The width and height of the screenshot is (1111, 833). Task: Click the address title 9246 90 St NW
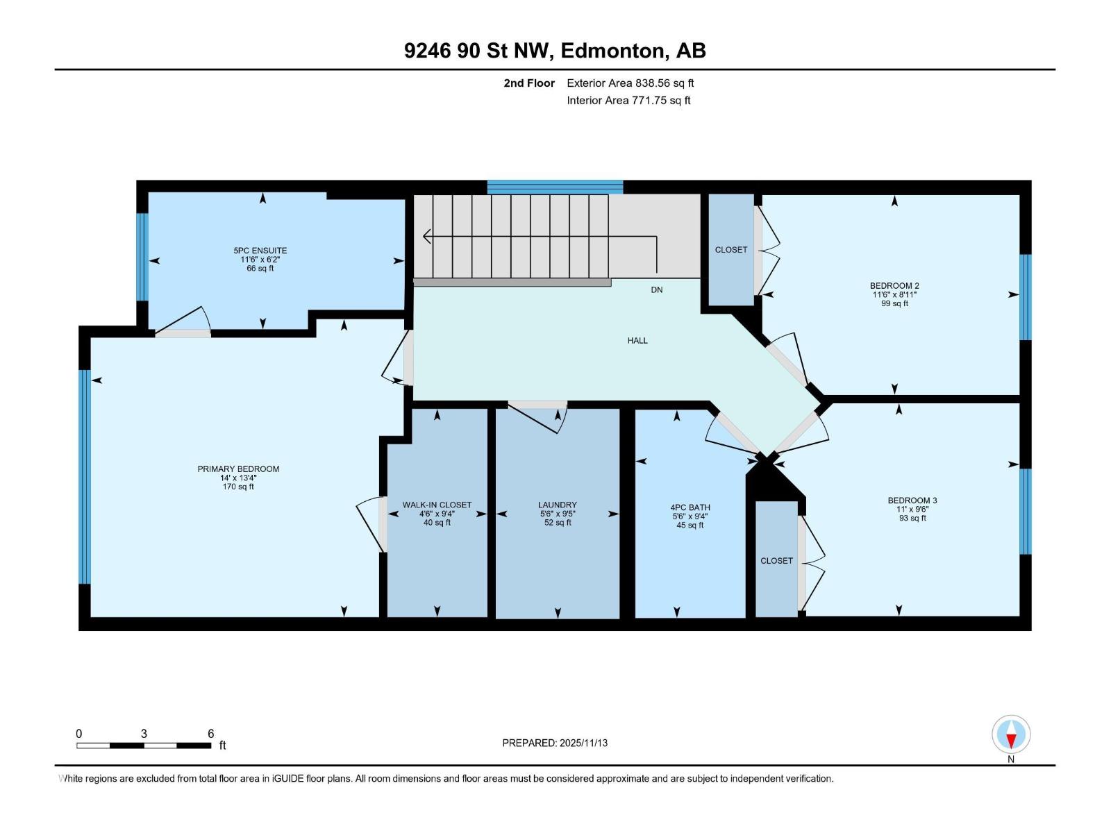pyautogui.click(x=555, y=51)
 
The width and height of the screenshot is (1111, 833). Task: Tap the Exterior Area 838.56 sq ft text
pyautogui.click(x=630, y=83)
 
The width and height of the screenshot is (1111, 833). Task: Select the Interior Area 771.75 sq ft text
pyautogui.click(x=628, y=101)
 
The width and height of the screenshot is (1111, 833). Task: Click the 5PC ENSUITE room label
pyautogui.click(x=260, y=251)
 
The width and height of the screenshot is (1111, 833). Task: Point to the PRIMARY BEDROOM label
pyautogui.click(x=238, y=469)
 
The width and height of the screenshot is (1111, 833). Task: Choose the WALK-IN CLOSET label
pyautogui.click(x=437, y=505)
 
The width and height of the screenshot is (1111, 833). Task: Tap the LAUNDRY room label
pyautogui.click(x=557, y=505)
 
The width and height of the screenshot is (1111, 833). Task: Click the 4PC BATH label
pyautogui.click(x=690, y=508)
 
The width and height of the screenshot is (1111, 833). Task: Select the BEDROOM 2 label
pyautogui.click(x=894, y=286)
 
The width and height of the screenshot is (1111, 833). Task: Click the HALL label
pyautogui.click(x=637, y=341)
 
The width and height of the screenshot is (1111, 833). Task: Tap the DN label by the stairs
pyautogui.click(x=657, y=290)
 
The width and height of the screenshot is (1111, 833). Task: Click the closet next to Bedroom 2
pyautogui.click(x=731, y=250)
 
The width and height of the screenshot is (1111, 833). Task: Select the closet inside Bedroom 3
pyautogui.click(x=776, y=561)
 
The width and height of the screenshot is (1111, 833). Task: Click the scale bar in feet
pyautogui.click(x=144, y=746)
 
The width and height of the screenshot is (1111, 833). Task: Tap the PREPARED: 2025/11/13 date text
pyautogui.click(x=555, y=743)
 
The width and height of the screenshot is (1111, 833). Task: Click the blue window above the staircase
pyautogui.click(x=555, y=187)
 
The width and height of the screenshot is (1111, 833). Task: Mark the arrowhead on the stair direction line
pyautogui.click(x=426, y=237)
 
